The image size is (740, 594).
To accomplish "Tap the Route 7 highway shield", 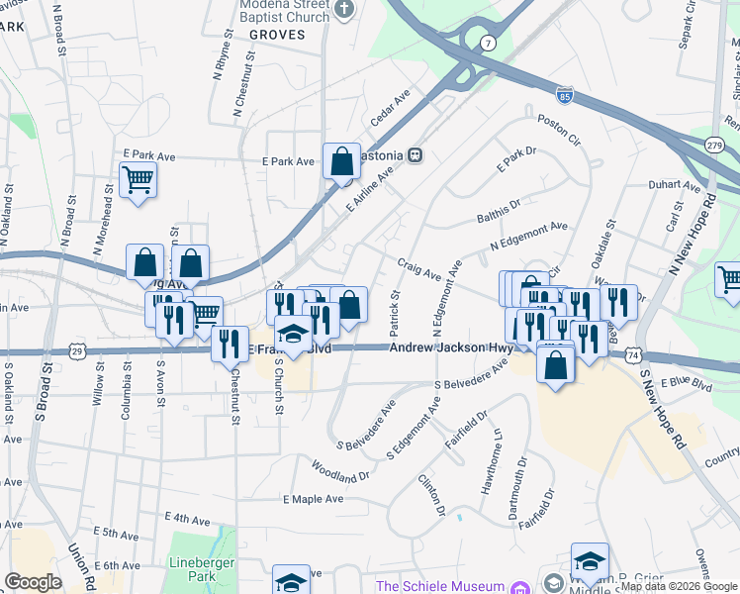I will click(x=487, y=44).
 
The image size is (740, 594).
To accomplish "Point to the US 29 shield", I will click(x=76, y=350).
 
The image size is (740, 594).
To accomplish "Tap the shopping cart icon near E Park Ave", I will click(x=138, y=180).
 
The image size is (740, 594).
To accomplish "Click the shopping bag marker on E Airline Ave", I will click(x=341, y=160).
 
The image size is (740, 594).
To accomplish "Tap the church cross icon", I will click(x=344, y=11).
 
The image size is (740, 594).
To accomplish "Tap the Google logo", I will click(x=34, y=582).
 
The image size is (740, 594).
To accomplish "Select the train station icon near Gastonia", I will click(x=417, y=154).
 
